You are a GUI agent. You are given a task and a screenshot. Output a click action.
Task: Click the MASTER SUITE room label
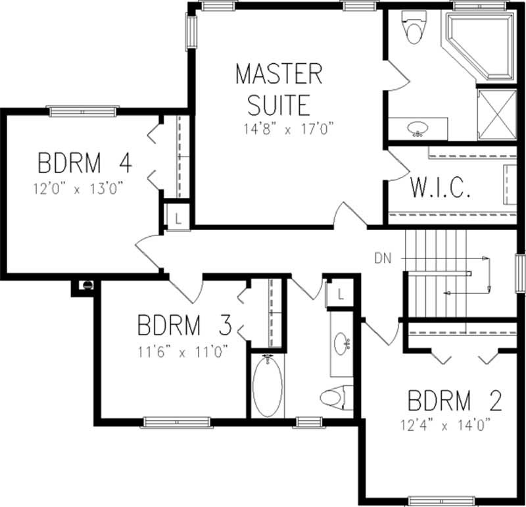coord(279,89)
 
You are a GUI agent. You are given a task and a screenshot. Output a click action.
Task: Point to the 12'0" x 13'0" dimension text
coord(79,189)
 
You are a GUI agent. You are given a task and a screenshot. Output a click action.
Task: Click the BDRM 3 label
coord(184,325)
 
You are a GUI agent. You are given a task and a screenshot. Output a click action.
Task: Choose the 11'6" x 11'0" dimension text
coord(183,352)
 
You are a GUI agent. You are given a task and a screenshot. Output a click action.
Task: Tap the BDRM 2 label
coord(455,400)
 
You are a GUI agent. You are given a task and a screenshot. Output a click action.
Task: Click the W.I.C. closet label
coord(441,187)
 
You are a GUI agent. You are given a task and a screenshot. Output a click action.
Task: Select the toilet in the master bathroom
coord(414,30)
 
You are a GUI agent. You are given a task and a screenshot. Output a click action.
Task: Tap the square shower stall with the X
coord(496,114)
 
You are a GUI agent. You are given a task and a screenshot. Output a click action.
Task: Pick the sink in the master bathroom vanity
coord(417,129)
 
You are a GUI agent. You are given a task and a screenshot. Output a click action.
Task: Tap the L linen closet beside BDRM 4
coord(177,217)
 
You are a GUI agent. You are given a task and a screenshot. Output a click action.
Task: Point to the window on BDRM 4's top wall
coord(82,110)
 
